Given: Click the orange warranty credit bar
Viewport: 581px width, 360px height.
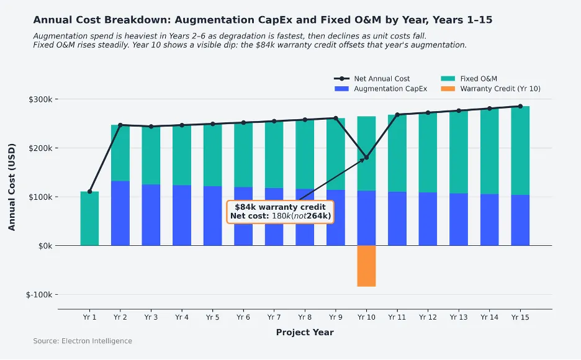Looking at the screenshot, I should pos(366,266).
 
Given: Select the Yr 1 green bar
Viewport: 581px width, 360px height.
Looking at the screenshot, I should pos(89,218).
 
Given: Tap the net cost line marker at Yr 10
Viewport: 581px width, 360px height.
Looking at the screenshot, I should pos(366,158).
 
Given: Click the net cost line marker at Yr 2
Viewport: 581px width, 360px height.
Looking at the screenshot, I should pos(120,125).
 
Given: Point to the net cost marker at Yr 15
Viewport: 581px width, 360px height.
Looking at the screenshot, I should pos(520,106).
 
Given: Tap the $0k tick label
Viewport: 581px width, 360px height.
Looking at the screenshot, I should pos(47,246).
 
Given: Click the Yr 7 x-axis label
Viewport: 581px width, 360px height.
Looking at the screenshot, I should pos(274,317).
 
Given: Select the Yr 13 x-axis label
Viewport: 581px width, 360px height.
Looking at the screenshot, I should pos(459,317).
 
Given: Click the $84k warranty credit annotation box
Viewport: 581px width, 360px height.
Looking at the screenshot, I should pos(281,212).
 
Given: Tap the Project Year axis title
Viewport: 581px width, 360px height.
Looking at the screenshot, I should pos(305,333).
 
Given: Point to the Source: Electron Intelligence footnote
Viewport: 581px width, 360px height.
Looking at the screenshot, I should pos(83,341).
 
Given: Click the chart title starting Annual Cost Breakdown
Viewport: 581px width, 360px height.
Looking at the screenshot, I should pos(263,20).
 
